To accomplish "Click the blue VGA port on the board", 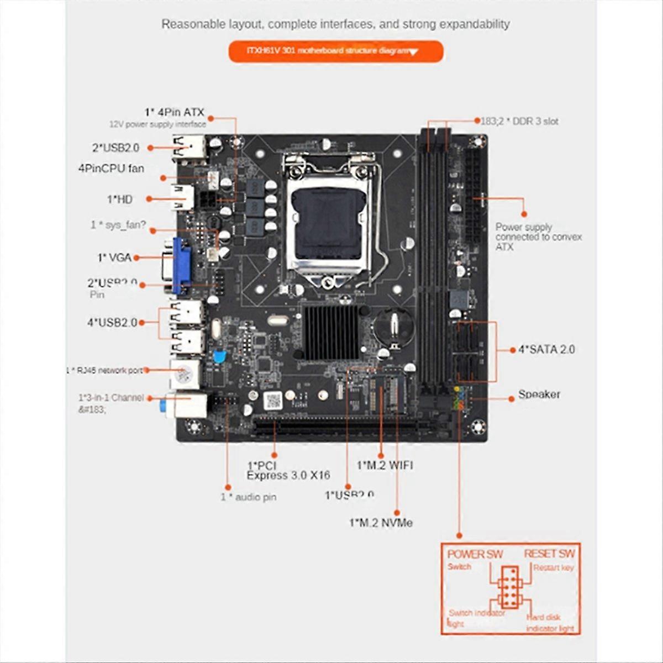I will pyautogui.click(x=181, y=265).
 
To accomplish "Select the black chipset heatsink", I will pyautogui.click(x=330, y=333).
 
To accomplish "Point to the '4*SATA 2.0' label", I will pyautogui.click(x=546, y=349).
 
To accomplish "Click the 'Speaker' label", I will pyautogui.click(x=539, y=394).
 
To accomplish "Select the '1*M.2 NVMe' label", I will pyautogui.click(x=381, y=523).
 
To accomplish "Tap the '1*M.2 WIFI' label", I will pyautogui.click(x=385, y=465).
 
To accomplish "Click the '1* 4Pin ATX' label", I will pyautogui.click(x=174, y=112).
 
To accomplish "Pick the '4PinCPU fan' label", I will pyautogui.click(x=111, y=168).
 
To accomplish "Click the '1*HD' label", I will pyautogui.click(x=119, y=199).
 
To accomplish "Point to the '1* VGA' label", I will pyautogui.click(x=114, y=257).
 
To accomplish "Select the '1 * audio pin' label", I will pyautogui.click(x=248, y=497).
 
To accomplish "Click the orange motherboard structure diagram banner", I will pyautogui.click(x=335, y=51).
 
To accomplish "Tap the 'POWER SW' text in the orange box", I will pyautogui.click(x=475, y=554).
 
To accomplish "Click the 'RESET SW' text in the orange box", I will pyautogui.click(x=549, y=554).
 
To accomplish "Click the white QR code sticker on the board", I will pyautogui.click(x=272, y=400).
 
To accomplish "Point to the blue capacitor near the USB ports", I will pyautogui.click(x=219, y=356).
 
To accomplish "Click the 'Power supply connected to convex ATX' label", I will pyautogui.click(x=538, y=237).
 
